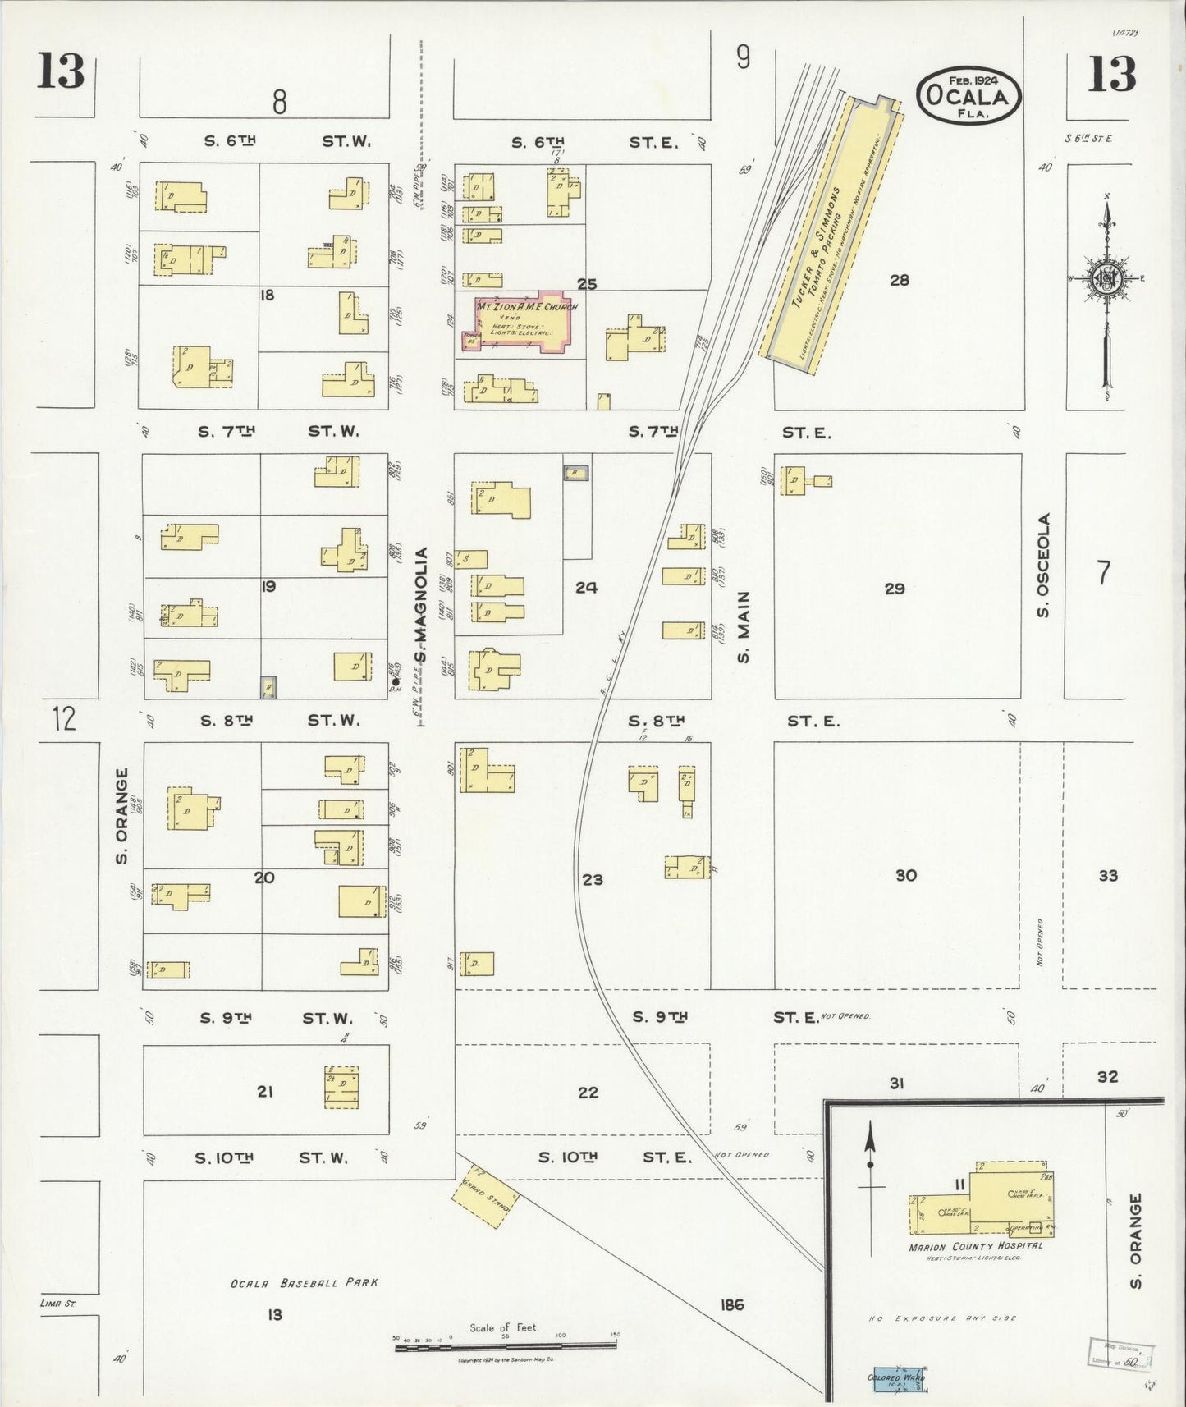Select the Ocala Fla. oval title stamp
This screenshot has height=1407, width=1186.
(x=968, y=95)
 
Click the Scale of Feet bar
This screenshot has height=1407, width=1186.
(x=506, y=1345)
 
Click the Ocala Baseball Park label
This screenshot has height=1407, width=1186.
(x=305, y=1282)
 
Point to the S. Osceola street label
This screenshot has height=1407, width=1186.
(x=1043, y=566)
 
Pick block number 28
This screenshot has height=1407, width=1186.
(x=900, y=280)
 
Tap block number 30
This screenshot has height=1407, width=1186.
(x=905, y=876)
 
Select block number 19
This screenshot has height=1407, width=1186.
(x=268, y=586)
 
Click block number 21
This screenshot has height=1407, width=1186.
(x=264, y=1091)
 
